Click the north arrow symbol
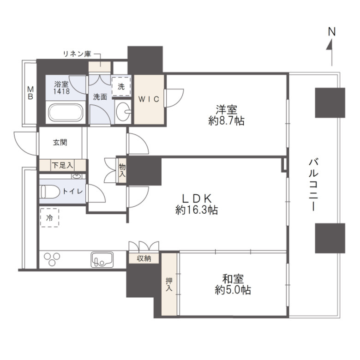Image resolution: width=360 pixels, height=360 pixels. pos(331,52)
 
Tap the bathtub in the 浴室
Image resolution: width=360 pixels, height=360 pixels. pos(66,113)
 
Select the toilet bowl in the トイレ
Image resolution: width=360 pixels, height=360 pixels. pos(49,192)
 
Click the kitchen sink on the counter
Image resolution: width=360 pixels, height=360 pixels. pos(102,259)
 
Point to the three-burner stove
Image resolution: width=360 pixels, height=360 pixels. pos(52,259)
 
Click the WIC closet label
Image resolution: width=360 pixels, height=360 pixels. pos(149,99)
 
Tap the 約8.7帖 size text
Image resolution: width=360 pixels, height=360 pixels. pos(226,121)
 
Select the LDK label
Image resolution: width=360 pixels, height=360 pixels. pos(196,198)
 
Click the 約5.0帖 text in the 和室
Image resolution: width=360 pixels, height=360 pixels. pos(233,290)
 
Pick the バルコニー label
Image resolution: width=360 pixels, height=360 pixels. pos(313,184)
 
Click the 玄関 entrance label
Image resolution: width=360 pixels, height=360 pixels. pos(60,143)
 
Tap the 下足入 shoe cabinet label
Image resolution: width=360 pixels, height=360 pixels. pos(62,165)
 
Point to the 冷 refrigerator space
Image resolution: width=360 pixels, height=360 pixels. pos(49,218)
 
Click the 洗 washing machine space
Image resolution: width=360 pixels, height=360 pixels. pos(121,86)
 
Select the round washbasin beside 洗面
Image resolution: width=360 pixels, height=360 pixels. pos(123,112)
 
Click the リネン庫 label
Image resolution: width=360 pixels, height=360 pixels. pos(77,54)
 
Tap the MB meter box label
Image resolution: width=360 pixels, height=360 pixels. pos(30,92)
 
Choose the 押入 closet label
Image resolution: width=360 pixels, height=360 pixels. pos(169,284)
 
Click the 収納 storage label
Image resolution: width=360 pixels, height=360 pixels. pos(144,259)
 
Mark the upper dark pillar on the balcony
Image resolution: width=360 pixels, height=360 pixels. pos(330,102)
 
